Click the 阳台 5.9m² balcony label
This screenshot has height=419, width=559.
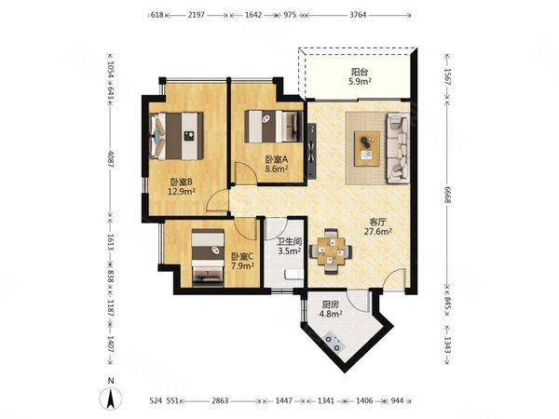(360, 76)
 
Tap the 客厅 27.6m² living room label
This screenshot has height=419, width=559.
(378, 227)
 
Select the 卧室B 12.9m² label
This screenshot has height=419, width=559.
(182, 187)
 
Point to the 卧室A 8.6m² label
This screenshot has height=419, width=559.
(277, 164)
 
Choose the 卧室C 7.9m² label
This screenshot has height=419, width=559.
(242, 261)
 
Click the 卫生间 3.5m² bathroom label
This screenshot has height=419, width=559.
(290, 246)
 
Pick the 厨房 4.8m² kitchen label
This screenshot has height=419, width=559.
(332, 309)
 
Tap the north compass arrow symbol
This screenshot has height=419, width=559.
(111, 399)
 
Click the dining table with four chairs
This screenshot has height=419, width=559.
(331, 251)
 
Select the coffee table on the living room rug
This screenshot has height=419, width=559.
(367, 149)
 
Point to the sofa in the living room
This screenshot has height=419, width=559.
(398, 148)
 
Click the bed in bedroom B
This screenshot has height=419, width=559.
(176, 136)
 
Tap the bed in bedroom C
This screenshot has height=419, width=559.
(208, 258)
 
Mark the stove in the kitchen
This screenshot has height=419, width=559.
(334, 342)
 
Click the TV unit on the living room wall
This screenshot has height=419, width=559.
(312, 150)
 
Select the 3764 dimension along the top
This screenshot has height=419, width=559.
(358, 15)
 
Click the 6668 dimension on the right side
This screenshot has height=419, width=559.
(448, 195)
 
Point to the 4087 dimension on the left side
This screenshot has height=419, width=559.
(110, 159)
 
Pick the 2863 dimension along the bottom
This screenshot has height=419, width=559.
(220, 400)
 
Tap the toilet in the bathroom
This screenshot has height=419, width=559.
(294, 274)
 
